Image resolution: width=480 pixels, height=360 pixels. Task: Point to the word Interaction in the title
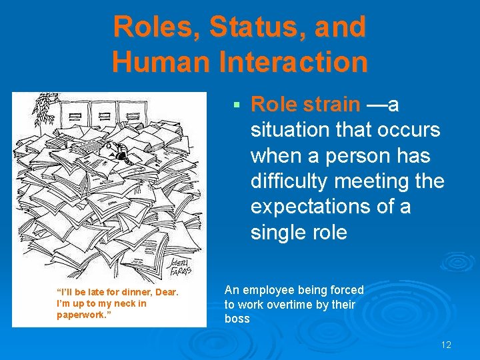(295, 62)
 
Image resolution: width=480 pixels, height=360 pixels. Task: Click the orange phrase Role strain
(305, 105)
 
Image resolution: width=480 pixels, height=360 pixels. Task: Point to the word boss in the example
(237, 319)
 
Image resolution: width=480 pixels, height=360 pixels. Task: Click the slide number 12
(446, 345)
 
